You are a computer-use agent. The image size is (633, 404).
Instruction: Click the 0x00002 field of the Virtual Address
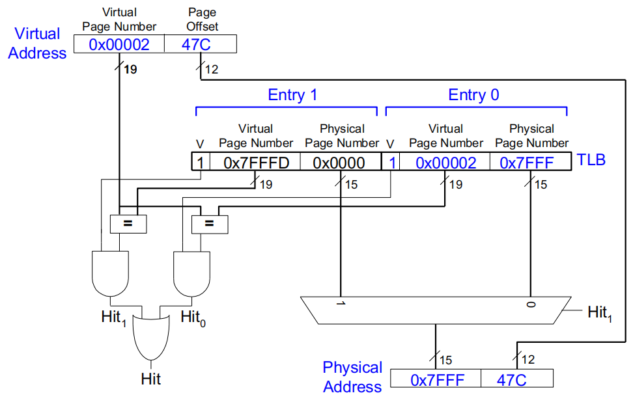[x=119, y=44]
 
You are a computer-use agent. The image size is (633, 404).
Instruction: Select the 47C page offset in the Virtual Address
[x=200, y=44]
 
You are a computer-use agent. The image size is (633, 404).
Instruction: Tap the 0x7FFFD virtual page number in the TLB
[x=255, y=162]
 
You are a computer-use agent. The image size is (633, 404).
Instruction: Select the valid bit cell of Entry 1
[x=201, y=162]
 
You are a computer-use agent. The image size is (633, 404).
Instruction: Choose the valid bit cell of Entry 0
[x=391, y=162]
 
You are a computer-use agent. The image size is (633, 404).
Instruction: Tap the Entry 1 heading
[x=292, y=95]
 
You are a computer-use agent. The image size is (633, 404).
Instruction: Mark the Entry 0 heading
[x=473, y=95]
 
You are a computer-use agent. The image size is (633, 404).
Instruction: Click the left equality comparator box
[x=128, y=224]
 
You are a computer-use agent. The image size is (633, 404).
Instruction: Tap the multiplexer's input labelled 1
[x=341, y=304]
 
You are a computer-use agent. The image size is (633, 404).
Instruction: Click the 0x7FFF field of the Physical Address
[x=437, y=379]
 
